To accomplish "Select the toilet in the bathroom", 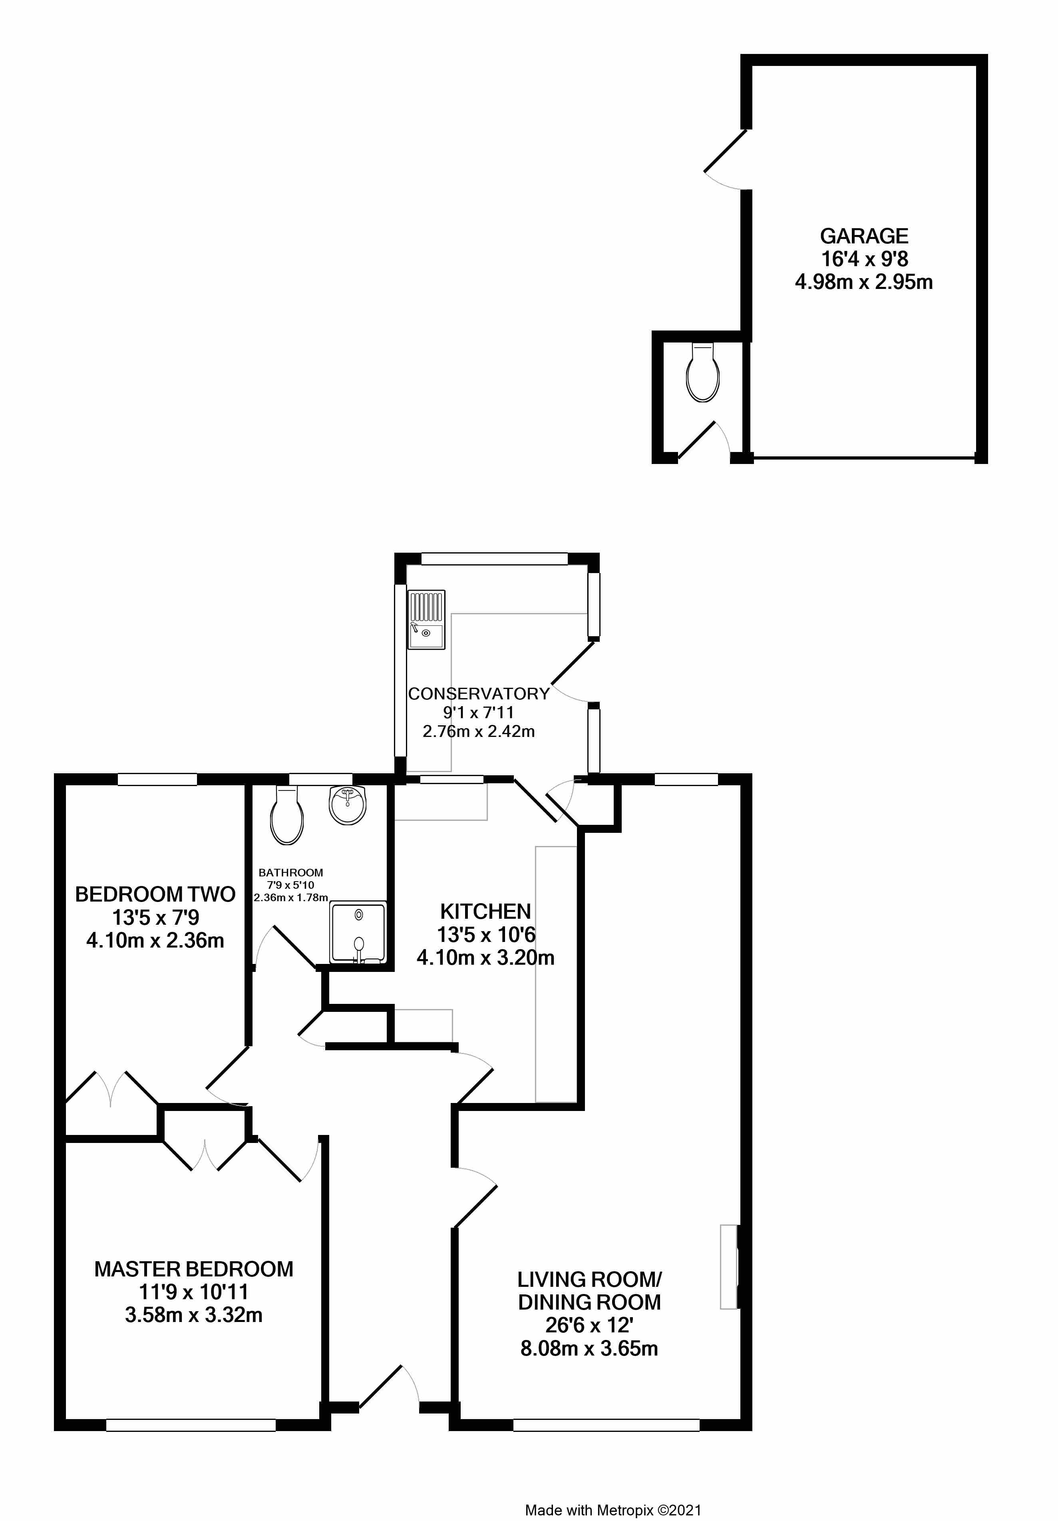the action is coord(287,816).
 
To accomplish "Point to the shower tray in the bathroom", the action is coord(358,932).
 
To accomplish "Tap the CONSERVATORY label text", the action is coord(478,694).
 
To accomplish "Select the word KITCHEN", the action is coord(485,912).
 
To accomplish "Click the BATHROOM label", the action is coord(291,873).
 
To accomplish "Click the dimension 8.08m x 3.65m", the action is coord(589,1348).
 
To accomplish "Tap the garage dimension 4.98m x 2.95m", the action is coord(863,282).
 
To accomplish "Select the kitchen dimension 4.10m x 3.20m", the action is coord(485,957).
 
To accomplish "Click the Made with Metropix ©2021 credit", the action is coord(613,1505).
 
